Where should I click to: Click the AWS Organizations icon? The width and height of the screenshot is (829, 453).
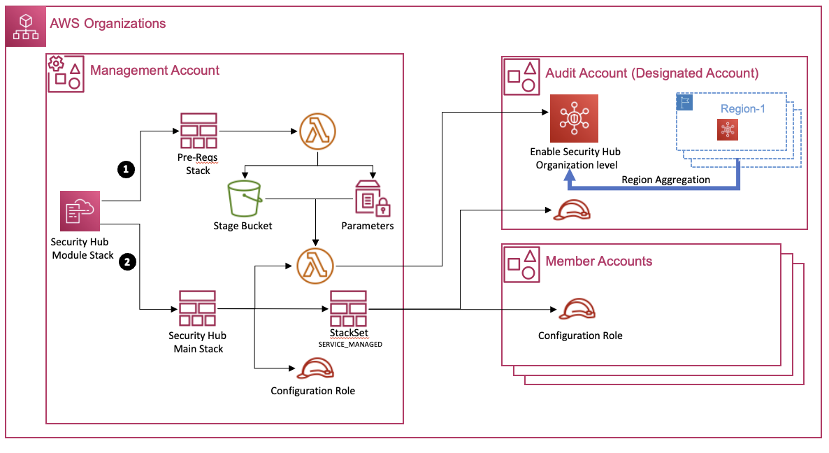point(27,27)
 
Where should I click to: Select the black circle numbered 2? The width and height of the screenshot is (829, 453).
point(126,262)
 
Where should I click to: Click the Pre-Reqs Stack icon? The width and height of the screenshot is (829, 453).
point(198,131)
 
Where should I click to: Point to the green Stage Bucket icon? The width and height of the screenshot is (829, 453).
point(243,199)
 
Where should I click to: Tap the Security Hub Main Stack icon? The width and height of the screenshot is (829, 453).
point(198,308)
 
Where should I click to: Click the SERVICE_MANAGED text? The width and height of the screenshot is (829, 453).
point(349,345)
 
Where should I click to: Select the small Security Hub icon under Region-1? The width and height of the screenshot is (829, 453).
point(728,130)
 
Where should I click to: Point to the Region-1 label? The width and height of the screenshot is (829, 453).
point(739,109)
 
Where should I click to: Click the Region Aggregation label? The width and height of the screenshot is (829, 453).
point(665,180)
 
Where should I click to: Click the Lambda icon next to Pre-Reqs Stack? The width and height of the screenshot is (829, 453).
point(317,131)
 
